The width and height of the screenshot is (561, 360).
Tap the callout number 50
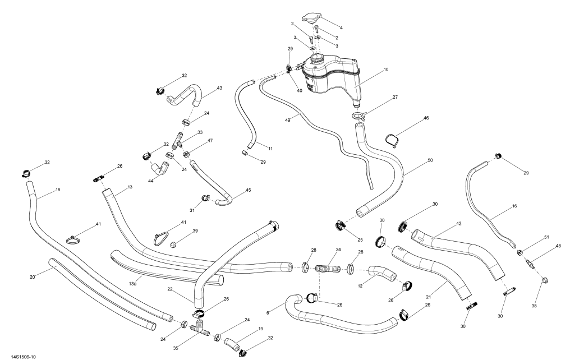tap(430, 160)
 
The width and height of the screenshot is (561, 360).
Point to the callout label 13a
tap(132, 284)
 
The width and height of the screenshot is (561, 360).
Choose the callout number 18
tap(58, 190)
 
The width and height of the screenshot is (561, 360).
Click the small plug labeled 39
tap(174, 244)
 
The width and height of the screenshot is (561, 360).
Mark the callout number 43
tap(219, 88)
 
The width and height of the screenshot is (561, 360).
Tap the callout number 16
tap(514, 206)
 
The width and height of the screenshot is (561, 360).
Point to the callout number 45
tap(248, 190)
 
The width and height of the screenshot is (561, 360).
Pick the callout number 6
tap(268, 313)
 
